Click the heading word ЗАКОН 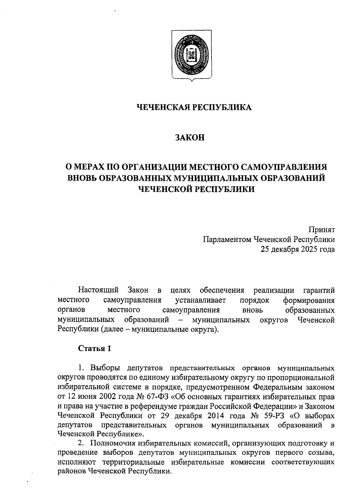(190, 138)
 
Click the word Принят (322, 229)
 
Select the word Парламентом (227, 239)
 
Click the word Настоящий (98, 290)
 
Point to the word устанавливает (201, 300)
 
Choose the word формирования (309, 300)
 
